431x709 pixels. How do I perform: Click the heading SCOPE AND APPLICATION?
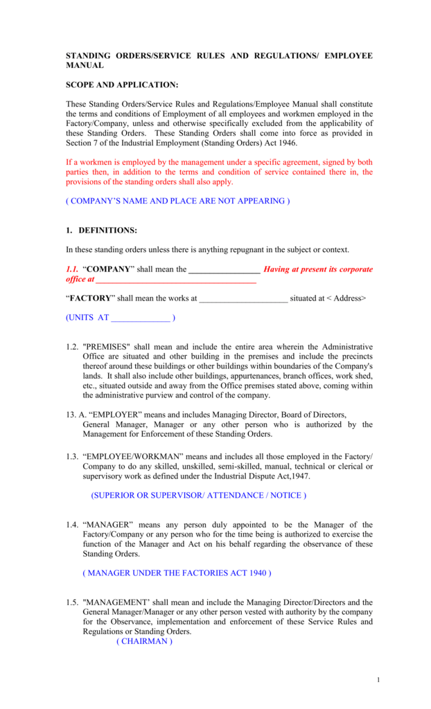pos(121,85)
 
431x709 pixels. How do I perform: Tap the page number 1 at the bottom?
pos(378,679)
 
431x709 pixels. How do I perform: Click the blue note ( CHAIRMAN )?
pos(144,642)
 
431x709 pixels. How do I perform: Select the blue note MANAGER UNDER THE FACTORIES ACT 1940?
pos(177,573)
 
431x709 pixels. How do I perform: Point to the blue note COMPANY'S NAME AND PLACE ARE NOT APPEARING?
pos(177,201)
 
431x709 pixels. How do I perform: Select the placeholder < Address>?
pos(346,298)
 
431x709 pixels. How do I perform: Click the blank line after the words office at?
pos(175,280)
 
